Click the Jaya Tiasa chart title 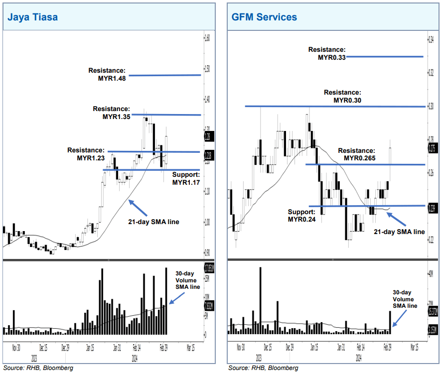[32, 17]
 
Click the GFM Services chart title [264, 17]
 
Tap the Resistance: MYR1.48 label [107, 74]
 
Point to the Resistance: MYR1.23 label [86, 154]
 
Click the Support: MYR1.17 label [185, 179]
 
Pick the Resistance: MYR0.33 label [326, 54]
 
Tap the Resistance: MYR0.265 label [356, 154]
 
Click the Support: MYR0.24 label [301, 215]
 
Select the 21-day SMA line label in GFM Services [399, 232]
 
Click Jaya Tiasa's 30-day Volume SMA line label [187, 280]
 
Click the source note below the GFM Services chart [263, 368]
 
